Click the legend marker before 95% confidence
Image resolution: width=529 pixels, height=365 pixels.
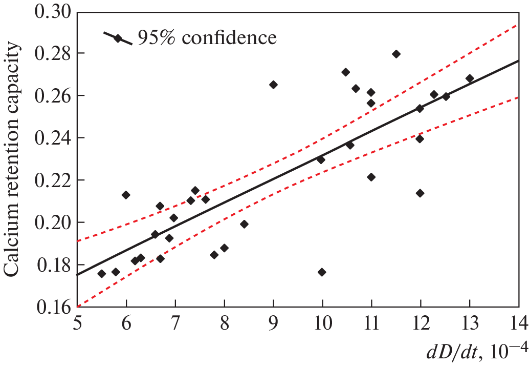tap(118, 38)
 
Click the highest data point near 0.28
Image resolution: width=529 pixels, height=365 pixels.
tap(396, 54)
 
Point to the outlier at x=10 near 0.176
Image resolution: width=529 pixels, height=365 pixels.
tap(322, 272)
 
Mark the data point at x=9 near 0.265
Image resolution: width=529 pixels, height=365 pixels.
tap(273, 85)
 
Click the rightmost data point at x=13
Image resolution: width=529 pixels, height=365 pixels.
tap(470, 78)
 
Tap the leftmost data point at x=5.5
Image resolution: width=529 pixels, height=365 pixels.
tap(101, 274)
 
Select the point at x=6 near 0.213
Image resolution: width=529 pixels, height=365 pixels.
tap(126, 195)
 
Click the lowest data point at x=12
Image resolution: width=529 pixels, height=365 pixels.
tap(420, 193)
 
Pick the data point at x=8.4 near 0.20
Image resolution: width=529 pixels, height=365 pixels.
tap(244, 224)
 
